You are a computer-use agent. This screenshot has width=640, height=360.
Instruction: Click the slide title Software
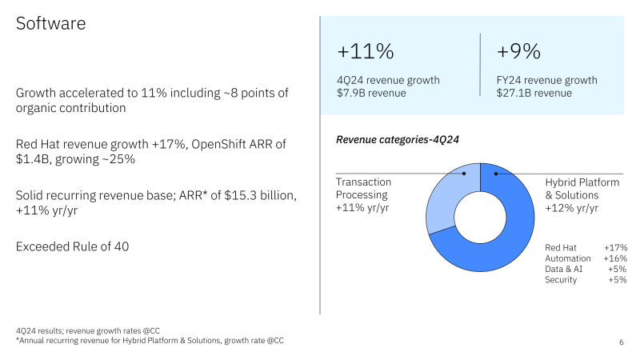pos(51,24)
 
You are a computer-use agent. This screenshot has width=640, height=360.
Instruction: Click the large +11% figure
pos(365,52)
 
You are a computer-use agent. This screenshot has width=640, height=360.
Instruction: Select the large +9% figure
pos(518,52)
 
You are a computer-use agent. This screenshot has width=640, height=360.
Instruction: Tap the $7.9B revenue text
pos(371,93)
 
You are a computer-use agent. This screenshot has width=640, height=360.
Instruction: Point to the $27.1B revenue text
pos(534,93)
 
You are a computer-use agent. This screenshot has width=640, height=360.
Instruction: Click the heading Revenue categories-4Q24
pos(398,140)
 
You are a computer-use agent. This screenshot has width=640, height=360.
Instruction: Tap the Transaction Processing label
pos(362,188)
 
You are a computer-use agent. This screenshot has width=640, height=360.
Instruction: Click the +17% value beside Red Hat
pos(616,248)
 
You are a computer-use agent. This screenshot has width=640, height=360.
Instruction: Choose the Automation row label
pos(567,258)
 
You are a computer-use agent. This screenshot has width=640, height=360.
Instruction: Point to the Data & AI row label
pos(564,269)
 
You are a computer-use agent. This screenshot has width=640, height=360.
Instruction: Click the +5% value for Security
pos(618,279)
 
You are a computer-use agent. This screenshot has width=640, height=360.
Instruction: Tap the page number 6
pos(622,342)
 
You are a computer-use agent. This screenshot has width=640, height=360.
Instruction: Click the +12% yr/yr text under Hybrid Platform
pos(572,208)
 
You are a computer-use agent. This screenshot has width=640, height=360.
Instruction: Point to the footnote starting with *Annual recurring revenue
pos(149,341)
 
